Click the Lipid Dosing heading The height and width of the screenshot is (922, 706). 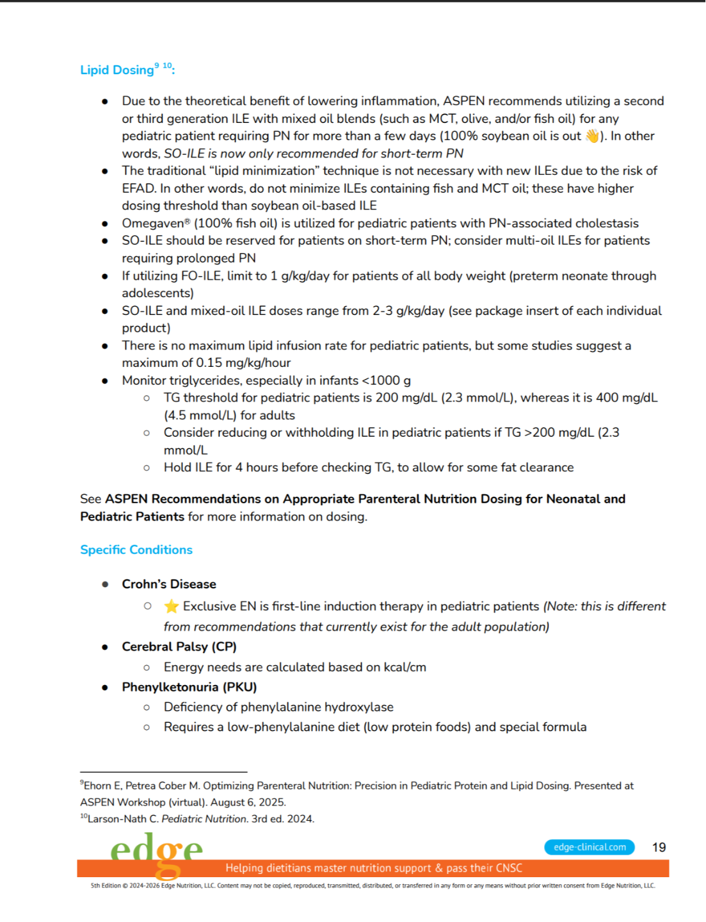point(117,70)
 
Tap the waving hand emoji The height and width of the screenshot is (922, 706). point(592,136)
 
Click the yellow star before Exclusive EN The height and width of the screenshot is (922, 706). point(171,606)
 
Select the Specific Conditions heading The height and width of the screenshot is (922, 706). point(136,549)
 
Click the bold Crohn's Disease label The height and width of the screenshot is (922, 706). point(169,584)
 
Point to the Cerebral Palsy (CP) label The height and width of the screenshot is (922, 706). point(179,647)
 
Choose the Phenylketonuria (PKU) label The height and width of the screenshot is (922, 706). point(189,687)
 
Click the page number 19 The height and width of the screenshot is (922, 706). point(659,847)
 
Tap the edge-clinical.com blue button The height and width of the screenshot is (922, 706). point(590,847)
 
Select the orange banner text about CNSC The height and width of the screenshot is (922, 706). point(373,868)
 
